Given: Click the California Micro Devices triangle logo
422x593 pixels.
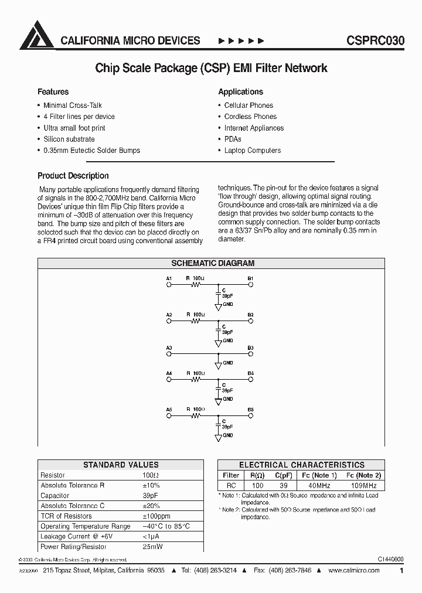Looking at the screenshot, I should pos(36,35).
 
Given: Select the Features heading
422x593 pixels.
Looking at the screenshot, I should pos(53,92).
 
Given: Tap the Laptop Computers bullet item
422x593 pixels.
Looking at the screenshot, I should pos(252,151).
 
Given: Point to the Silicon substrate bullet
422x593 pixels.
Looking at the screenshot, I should pos(69,139).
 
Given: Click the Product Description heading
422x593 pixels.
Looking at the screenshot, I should pos(73,176).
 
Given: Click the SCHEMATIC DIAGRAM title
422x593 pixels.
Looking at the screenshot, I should pos(213,264).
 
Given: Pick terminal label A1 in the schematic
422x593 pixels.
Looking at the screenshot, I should pos(169,278).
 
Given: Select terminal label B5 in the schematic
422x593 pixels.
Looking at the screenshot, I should pos(250,409).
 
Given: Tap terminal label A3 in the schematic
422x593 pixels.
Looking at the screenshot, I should pos(169,348).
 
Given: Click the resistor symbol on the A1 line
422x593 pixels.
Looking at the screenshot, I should pos(196,285).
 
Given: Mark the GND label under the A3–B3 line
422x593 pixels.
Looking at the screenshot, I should pos(228,363).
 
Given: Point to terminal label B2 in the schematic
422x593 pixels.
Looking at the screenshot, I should pos(250,315).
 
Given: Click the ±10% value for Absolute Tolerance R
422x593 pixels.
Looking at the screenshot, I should pos(151,486).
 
